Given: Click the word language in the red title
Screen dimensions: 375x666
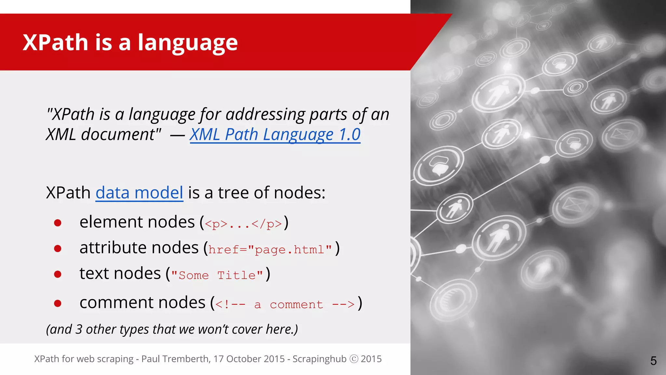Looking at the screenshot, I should (x=188, y=43).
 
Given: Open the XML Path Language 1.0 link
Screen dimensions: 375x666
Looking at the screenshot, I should (x=275, y=134).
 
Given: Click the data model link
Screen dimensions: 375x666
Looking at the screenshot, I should (x=139, y=193).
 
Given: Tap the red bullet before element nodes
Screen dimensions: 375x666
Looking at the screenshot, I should (x=58, y=223).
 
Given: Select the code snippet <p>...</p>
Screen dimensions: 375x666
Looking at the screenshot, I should (x=244, y=224).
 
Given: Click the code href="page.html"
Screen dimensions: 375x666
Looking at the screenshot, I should (x=270, y=250).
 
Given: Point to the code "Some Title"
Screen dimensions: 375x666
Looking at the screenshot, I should (x=217, y=275).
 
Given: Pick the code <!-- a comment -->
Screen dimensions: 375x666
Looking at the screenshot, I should (x=285, y=304).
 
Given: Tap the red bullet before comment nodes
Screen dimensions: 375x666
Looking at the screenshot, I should (x=58, y=303).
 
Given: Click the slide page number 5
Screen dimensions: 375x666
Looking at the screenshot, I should (x=653, y=361).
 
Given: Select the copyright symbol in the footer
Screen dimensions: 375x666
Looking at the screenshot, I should (x=354, y=359).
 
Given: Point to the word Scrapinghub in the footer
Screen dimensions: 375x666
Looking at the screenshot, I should (x=319, y=359).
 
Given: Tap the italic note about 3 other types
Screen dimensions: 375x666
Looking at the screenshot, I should (x=172, y=329).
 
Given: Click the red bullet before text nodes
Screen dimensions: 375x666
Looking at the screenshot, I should (x=58, y=274).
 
